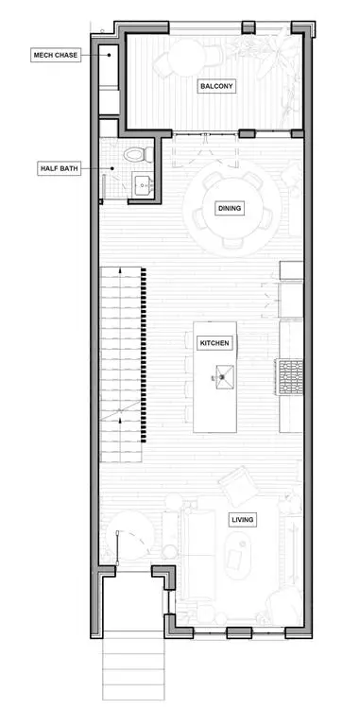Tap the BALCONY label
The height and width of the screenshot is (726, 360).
coord(216,86)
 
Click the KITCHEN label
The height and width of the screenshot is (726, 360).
coord(214,343)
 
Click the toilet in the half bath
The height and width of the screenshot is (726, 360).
coord(134,152)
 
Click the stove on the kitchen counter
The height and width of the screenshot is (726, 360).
coord(288,378)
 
